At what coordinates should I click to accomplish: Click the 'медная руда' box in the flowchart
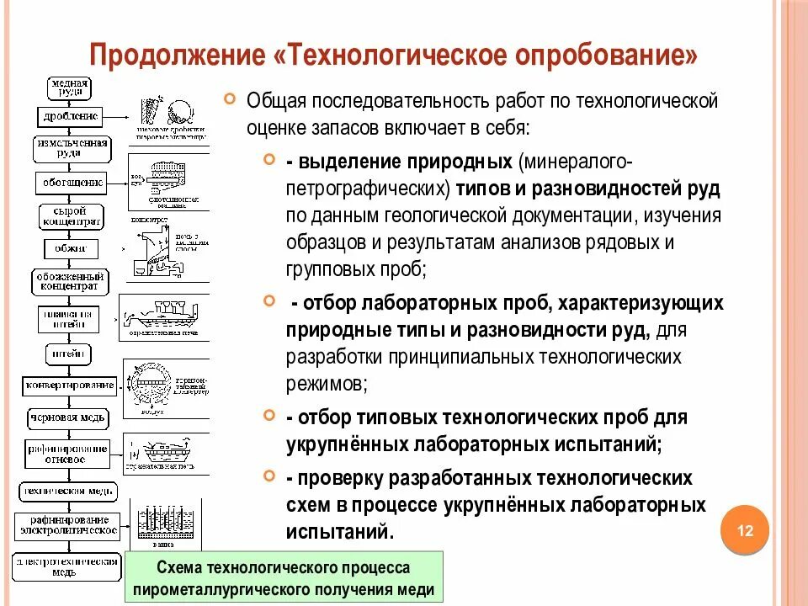[70, 88]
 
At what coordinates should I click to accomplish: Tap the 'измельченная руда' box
[72, 148]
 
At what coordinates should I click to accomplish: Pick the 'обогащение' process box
[72, 182]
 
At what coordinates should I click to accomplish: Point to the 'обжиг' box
[71, 249]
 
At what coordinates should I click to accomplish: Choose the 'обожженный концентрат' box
[72, 282]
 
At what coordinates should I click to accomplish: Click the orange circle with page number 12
[745, 531]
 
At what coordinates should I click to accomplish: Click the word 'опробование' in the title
[609, 56]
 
